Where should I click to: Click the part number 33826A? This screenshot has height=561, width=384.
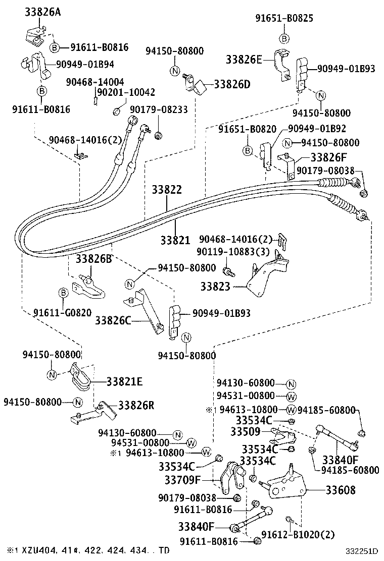(43, 13)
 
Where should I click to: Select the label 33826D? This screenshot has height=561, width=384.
(232, 84)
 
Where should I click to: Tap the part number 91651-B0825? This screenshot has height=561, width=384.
(284, 19)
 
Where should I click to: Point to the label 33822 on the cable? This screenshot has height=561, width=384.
(167, 190)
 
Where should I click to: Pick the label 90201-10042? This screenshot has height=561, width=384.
(125, 92)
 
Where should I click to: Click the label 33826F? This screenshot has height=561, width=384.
(328, 157)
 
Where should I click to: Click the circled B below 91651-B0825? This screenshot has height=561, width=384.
(284, 39)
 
